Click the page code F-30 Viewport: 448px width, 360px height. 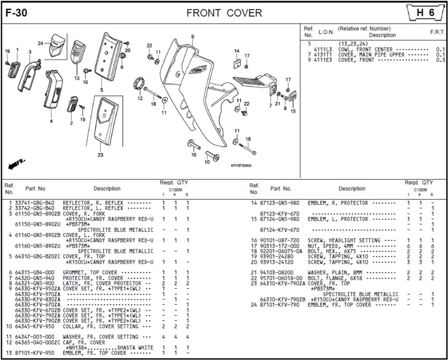point(16,13)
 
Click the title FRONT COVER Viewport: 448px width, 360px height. point(224,13)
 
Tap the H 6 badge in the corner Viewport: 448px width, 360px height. point(425,13)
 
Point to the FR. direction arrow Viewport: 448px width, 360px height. point(17,165)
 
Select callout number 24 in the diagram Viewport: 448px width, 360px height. point(40,43)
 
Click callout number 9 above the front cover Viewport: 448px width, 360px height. point(192,36)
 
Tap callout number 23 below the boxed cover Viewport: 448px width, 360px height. point(100,155)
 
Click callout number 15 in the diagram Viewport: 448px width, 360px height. point(293,111)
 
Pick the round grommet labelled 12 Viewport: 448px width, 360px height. point(139,83)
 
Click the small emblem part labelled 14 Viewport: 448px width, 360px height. point(237,64)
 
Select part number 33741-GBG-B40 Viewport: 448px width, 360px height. point(35,203)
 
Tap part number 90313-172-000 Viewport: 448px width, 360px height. point(280,246)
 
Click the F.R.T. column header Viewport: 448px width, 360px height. point(437,32)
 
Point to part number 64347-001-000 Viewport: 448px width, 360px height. point(35,337)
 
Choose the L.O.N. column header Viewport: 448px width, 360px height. point(326,32)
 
